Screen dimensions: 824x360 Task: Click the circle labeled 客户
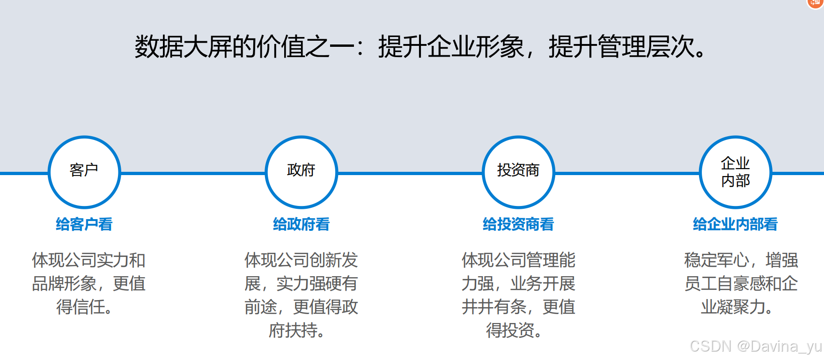pyautogui.click(x=84, y=172)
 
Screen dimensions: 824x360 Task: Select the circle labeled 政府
pyautogui.click(x=301, y=172)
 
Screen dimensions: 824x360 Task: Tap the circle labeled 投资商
pyautogui.click(x=518, y=172)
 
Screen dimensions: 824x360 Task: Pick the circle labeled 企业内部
pyautogui.click(x=735, y=172)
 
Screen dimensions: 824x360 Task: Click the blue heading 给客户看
pyautogui.click(x=84, y=224)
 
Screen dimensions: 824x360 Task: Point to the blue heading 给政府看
pyautogui.click(x=301, y=224)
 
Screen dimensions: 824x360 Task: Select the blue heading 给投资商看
pyautogui.click(x=518, y=224)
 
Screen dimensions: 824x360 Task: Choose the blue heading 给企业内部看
pyautogui.click(x=735, y=224)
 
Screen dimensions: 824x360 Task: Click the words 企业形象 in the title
pyautogui.click(x=476, y=47)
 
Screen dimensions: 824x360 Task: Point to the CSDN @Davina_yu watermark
pyautogui.click(x=756, y=346)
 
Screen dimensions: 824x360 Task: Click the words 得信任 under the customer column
pyautogui.click(x=81, y=307)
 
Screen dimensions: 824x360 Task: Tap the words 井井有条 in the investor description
pyautogui.click(x=494, y=307)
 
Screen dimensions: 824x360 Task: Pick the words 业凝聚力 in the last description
pyautogui.click(x=733, y=307)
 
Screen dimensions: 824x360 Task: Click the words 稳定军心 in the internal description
pyautogui.click(x=716, y=260)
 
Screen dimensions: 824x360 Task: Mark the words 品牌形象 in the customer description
pyautogui.click(x=64, y=284)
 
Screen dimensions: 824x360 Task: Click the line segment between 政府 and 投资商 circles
pyautogui.click(x=410, y=173)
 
